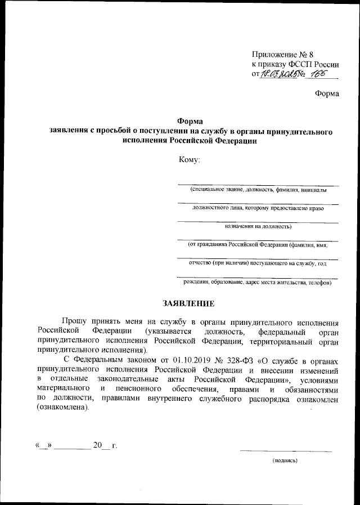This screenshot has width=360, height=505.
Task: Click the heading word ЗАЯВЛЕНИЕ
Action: (x=188, y=304)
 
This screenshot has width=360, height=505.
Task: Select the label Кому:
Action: (x=189, y=160)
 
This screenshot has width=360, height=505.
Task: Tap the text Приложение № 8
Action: (x=282, y=55)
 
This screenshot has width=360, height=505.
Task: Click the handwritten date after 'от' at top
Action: (x=281, y=74)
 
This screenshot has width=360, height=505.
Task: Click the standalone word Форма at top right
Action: (x=327, y=93)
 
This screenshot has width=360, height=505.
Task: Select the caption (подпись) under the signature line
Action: (x=285, y=460)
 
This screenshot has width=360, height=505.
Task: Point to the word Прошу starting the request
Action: (x=75, y=322)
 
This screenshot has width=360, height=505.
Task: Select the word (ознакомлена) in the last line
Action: (x=63, y=408)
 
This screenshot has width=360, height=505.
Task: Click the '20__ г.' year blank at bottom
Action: (x=105, y=446)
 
